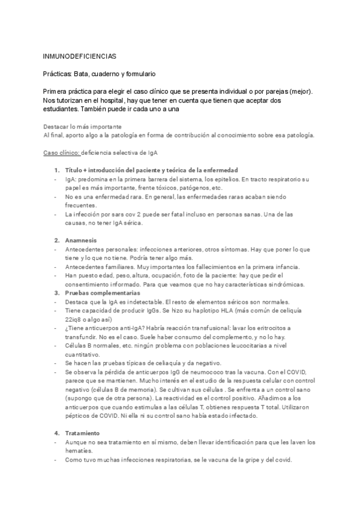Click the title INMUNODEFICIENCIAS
(79, 56)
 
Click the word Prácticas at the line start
(59, 74)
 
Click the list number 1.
(56, 170)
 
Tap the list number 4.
(56, 416)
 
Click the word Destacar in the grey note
(58, 127)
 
